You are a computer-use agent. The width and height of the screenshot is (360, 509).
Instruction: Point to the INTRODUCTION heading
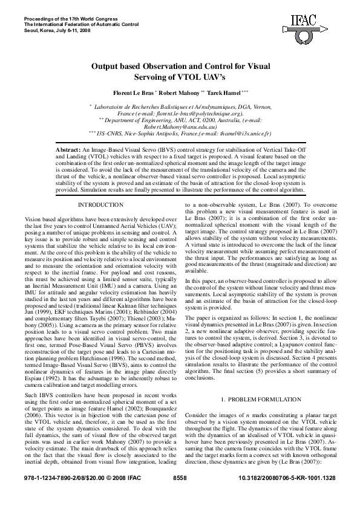coord(101,206)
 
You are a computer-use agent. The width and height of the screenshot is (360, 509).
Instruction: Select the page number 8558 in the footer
coord(180,494)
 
